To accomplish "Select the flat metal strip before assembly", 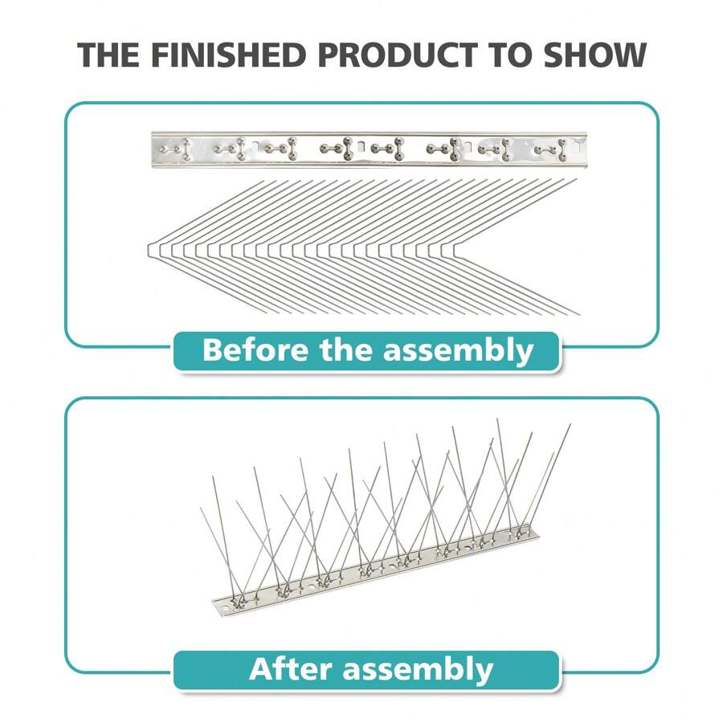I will pos(363,149).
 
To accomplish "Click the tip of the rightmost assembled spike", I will pos(570,425).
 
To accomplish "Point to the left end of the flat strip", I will pos(153,149).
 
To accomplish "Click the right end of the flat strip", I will pos(574,149).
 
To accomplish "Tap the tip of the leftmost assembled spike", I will pos(201,507).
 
